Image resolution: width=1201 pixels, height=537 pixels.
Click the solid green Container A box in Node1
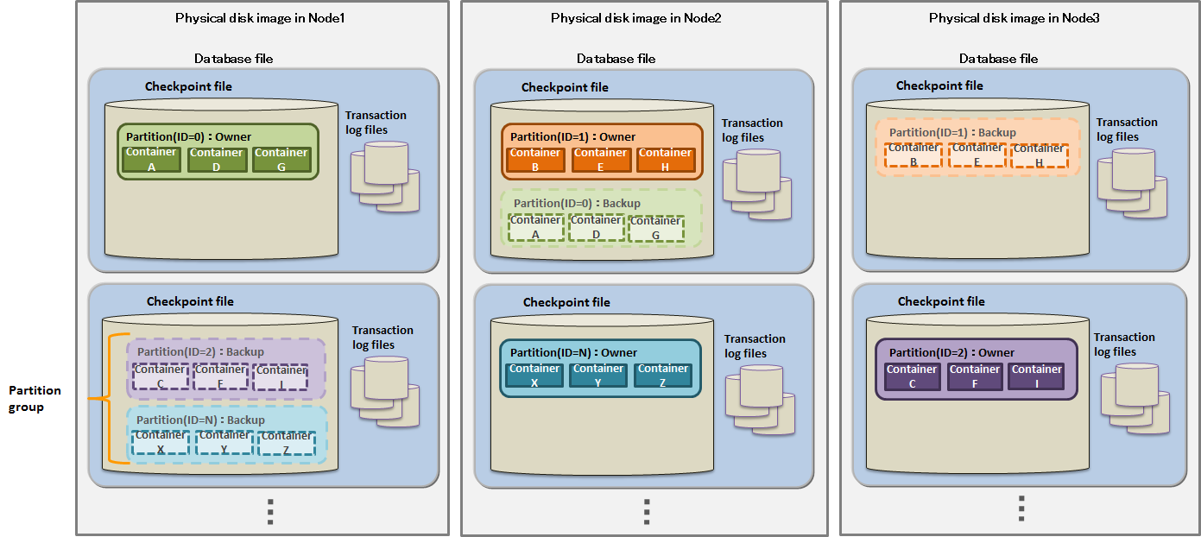pos(151,159)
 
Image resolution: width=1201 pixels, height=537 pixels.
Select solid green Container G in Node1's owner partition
pos(281,159)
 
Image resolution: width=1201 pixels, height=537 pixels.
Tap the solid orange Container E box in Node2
pos(601,160)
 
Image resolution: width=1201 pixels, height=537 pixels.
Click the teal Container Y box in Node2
pos(598,375)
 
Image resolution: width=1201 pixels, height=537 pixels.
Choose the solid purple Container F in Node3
pos(974,376)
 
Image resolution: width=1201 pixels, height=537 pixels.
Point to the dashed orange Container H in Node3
pos(1039,155)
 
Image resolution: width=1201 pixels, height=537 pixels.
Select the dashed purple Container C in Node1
pos(160,376)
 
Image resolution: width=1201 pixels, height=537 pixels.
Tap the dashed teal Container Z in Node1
pos(287,443)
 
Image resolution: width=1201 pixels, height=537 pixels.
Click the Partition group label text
pos(35,399)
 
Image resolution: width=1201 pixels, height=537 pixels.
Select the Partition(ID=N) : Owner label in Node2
pos(573,352)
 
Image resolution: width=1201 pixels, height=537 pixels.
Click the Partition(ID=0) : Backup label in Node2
pos(577,203)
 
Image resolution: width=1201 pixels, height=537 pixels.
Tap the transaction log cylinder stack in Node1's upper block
pos(384,176)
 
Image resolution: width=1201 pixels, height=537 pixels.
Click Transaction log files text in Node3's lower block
pos(1124,344)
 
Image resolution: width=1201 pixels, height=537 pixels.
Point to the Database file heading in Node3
pos(998,59)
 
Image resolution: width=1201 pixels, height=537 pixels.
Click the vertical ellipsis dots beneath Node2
pos(646,510)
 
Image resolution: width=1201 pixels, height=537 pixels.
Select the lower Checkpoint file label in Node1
pos(190,301)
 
